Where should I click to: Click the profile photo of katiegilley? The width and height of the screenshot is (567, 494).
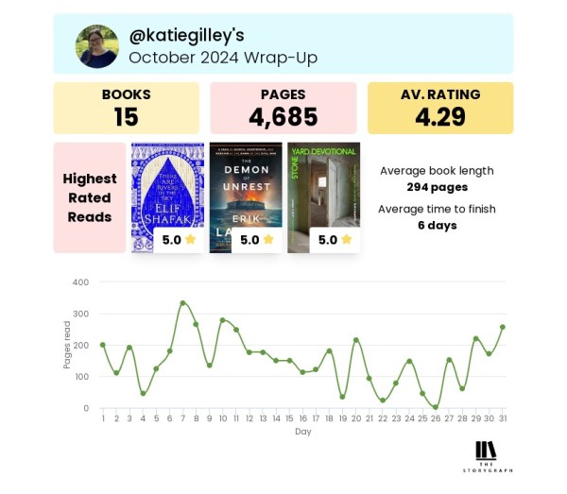pyautogui.click(x=97, y=46)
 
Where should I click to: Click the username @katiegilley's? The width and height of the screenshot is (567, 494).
pyautogui.click(x=186, y=35)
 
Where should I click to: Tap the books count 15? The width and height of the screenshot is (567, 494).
pyautogui.click(x=126, y=116)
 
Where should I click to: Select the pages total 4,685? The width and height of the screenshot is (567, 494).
pyautogui.click(x=283, y=116)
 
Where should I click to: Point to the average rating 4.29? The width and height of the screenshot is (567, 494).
pyautogui.click(x=439, y=116)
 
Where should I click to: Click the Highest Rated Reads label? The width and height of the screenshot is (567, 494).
pyautogui.click(x=90, y=197)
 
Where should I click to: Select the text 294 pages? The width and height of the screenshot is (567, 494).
pyautogui.click(x=436, y=187)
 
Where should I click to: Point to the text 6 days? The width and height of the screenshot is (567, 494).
pyautogui.click(x=437, y=225)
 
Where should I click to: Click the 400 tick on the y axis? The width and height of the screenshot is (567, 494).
pyautogui.click(x=80, y=281)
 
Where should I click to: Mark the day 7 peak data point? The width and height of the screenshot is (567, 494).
pyautogui.click(x=182, y=303)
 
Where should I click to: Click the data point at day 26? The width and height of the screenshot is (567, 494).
pyautogui.click(x=435, y=407)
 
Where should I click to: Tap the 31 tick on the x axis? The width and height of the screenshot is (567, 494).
pyautogui.click(x=501, y=417)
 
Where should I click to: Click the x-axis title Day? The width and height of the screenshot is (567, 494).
pyautogui.click(x=301, y=431)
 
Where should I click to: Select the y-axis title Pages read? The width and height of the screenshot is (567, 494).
pyautogui.click(x=67, y=346)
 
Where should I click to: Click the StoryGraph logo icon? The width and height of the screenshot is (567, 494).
pyautogui.click(x=486, y=450)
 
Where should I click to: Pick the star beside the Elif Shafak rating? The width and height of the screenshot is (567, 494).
pyautogui.click(x=190, y=240)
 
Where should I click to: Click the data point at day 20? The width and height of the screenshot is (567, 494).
pyautogui.click(x=355, y=340)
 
